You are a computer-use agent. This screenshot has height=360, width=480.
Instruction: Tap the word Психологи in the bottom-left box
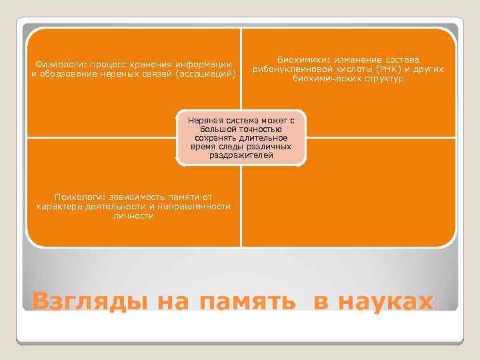coord(76,197)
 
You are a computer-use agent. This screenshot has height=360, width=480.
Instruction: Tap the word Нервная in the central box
coord(203,119)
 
